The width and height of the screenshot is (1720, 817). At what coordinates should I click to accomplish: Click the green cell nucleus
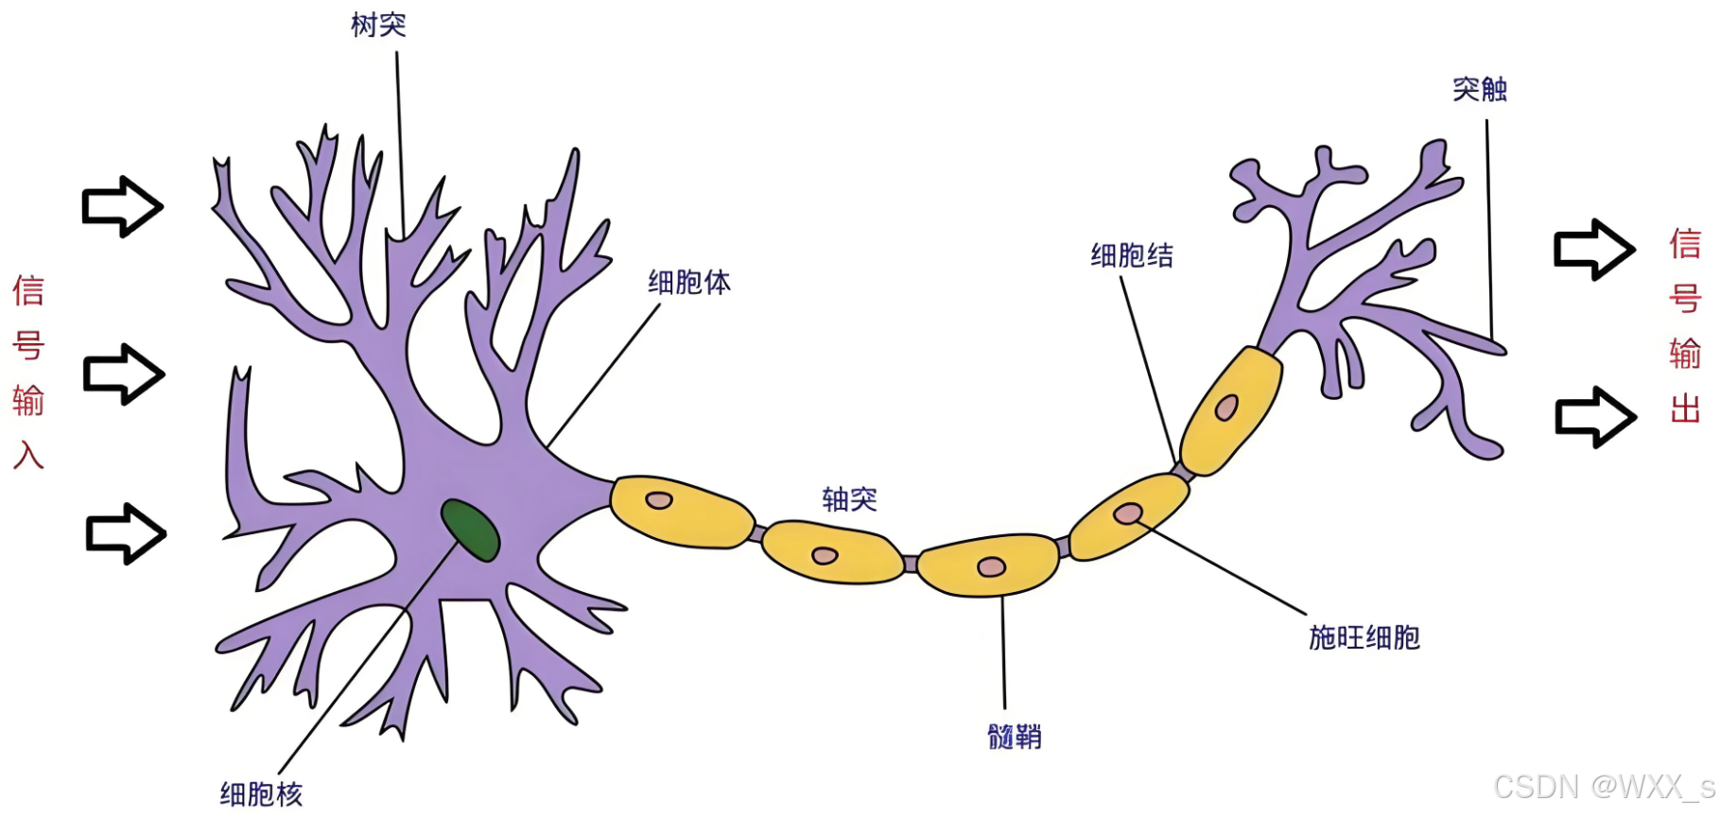pos(470,530)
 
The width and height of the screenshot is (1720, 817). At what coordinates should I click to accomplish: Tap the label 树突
pos(378,25)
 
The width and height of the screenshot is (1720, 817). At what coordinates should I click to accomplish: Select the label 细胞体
pos(689,282)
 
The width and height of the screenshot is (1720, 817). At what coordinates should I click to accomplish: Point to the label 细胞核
pos(262,794)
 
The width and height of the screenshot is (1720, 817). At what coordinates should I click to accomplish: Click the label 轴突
pos(850,499)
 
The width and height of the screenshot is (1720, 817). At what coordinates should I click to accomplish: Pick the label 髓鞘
pos(1015,737)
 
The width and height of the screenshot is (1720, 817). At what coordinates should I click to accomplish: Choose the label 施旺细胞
pos(1364,637)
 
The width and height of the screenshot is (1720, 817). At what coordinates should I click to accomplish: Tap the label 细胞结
pos(1132,255)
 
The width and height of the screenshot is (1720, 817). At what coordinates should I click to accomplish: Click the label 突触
pos(1480,89)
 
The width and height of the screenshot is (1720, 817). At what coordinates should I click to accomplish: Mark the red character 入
pos(28,455)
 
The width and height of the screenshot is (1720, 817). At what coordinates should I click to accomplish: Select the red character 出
pos(1685,408)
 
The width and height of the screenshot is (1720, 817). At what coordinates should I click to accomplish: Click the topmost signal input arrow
pos(123,206)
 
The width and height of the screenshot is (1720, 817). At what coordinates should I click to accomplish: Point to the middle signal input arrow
pos(124,374)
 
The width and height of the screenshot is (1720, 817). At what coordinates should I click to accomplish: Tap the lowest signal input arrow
pos(126,534)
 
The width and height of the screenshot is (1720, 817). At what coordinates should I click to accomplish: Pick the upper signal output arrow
pos(1595,250)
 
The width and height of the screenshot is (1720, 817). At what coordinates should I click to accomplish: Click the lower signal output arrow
pos(1596,417)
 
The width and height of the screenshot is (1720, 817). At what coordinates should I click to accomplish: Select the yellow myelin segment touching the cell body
pos(682,512)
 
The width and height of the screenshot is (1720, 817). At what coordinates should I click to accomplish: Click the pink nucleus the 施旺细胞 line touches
pos(1128,513)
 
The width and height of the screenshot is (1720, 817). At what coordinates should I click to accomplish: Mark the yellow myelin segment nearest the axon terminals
pos(1231,410)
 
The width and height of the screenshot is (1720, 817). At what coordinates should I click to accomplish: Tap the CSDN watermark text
pos(1605,787)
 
